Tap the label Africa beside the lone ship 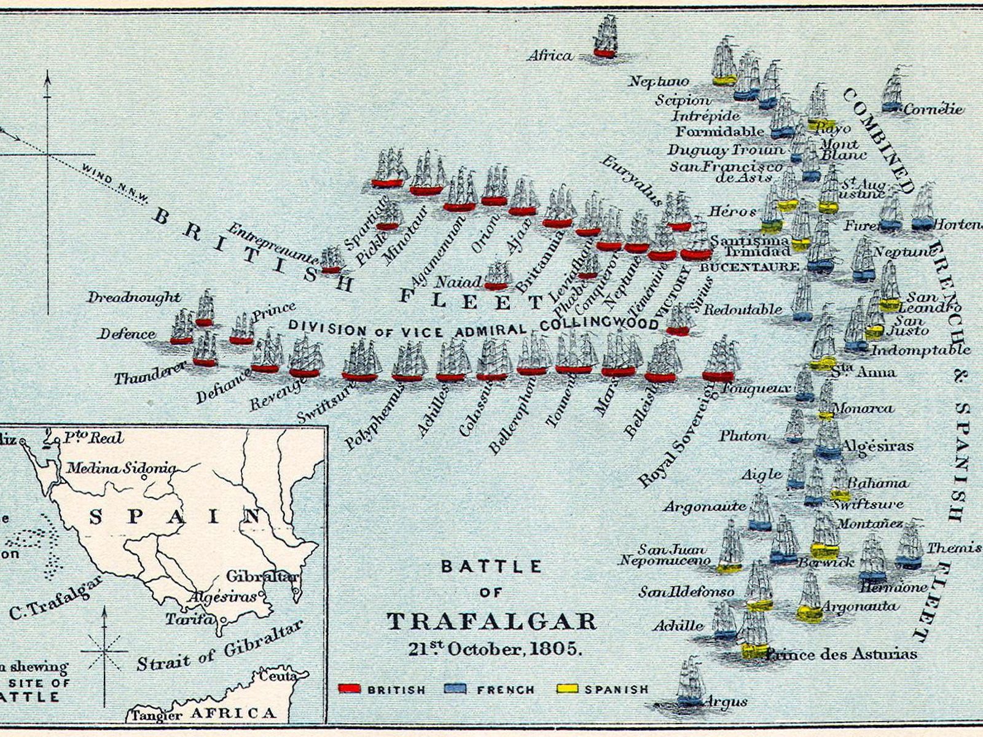pos(550,56)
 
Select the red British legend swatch pos(350,688)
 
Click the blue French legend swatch pos(455,688)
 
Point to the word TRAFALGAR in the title pos(491,621)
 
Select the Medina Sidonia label pos(121,468)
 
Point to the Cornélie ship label pos(933,109)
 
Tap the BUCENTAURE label pos(750,267)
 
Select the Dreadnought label pos(133,297)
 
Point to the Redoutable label pos(743,309)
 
